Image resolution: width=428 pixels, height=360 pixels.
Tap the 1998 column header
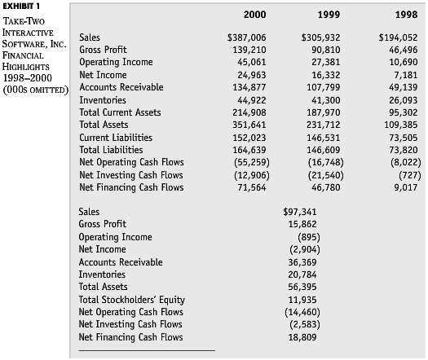click(x=405, y=15)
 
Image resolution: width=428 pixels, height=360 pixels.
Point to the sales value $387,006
click(x=246, y=37)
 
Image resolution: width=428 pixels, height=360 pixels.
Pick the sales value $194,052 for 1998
click(x=399, y=37)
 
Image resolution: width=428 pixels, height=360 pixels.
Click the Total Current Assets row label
click(x=118, y=112)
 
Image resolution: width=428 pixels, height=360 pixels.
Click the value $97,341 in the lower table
click(x=299, y=212)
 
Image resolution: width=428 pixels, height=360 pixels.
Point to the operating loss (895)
click(x=302, y=237)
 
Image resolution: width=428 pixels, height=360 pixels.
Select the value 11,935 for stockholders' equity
click(x=302, y=300)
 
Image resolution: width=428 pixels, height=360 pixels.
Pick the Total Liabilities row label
click(x=111, y=150)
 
